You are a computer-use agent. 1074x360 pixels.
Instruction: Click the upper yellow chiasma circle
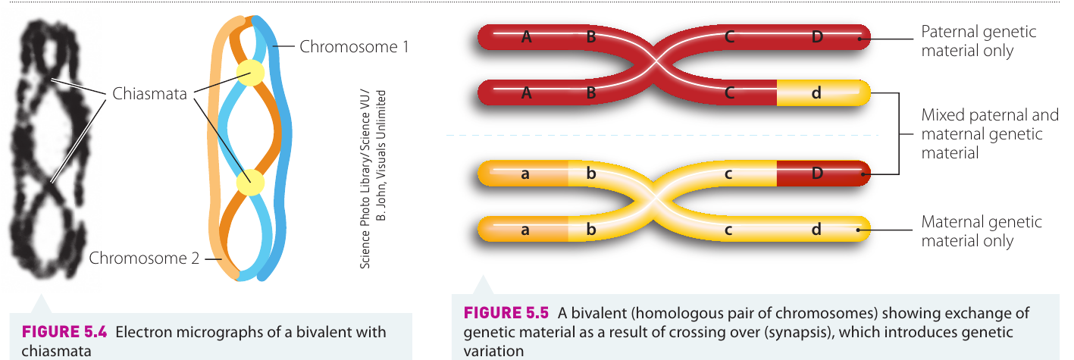tap(250, 73)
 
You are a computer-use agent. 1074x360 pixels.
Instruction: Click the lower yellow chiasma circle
tap(250, 182)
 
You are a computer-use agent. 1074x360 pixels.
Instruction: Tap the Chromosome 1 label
tap(354, 46)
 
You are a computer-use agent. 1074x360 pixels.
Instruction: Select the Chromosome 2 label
tap(144, 258)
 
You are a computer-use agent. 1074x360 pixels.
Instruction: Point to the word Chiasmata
tap(149, 93)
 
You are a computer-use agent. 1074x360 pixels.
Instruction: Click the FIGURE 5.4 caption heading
tap(64, 332)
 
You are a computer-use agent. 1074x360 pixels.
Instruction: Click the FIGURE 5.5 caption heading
tap(506, 313)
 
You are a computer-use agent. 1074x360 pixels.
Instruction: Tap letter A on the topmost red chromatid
tap(527, 37)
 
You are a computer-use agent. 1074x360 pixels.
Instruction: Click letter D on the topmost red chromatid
tap(817, 37)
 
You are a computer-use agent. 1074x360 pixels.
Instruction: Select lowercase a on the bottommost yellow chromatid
tap(525, 230)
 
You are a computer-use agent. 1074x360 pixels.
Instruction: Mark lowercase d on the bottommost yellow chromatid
tap(816, 229)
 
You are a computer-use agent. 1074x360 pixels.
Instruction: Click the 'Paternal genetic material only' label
tap(978, 41)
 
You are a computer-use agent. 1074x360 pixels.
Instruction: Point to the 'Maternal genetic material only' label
tap(982, 231)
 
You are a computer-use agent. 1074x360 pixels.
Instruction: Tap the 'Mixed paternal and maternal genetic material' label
tap(990, 133)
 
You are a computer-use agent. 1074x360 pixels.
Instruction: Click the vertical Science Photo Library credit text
tap(373, 179)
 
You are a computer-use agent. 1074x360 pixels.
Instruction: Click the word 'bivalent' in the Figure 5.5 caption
tap(598, 313)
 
